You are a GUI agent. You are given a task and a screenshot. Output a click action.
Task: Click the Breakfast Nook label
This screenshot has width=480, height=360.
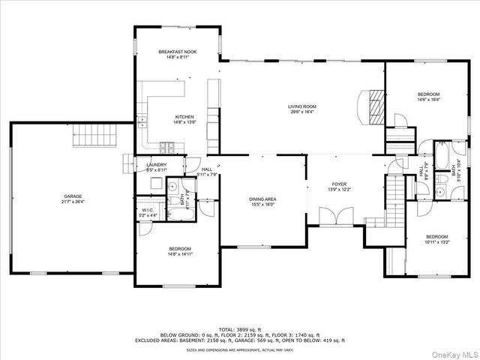[x=177, y=51]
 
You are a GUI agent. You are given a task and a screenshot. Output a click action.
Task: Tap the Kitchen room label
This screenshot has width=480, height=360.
[x=184, y=116]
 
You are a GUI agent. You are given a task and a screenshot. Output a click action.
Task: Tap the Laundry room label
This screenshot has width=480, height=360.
[x=156, y=165]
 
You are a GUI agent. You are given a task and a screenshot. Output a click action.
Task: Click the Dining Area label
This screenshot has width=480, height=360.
[x=263, y=199]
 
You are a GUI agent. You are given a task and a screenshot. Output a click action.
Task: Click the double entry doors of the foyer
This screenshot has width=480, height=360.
[x=332, y=217]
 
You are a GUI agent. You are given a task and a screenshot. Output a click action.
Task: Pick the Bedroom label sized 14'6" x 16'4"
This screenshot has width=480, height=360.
[x=428, y=94]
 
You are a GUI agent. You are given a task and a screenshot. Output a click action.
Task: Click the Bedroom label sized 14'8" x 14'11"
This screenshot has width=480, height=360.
[x=179, y=248]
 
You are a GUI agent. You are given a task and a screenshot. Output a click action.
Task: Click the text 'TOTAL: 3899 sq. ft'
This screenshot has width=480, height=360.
[x=240, y=329]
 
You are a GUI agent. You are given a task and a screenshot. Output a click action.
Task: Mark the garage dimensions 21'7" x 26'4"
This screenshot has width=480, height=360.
[x=73, y=200]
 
